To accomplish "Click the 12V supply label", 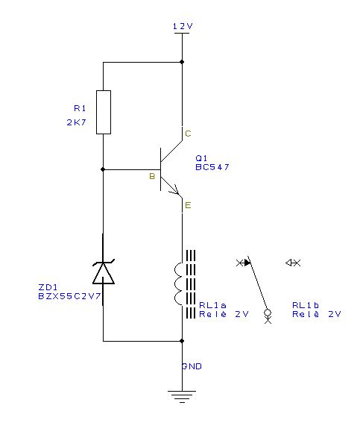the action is (183, 26).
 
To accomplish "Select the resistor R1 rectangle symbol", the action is (104, 112).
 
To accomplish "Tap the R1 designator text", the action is (80, 108).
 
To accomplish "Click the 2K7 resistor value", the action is (77, 122).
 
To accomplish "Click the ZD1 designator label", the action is (48, 287).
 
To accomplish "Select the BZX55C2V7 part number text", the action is (69, 296).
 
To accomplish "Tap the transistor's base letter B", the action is (152, 176).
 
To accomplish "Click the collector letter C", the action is (188, 134).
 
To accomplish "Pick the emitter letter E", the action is (188, 205).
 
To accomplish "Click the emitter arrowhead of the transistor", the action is (175, 190).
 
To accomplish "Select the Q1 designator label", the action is (201, 158).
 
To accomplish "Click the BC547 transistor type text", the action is (212, 167).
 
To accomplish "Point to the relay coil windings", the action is (179, 283).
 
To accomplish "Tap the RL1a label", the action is (212, 305).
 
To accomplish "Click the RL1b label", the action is (306, 305).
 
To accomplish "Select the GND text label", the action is (192, 366).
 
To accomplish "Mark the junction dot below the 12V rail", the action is (182, 62).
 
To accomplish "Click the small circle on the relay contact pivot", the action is (268, 313).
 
